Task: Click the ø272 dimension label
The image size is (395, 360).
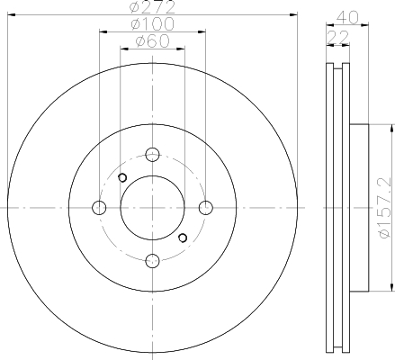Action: click(x=152, y=7)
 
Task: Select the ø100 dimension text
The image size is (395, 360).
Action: click(x=152, y=24)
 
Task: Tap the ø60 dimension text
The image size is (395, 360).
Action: click(x=152, y=41)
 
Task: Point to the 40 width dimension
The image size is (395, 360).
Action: click(x=347, y=17)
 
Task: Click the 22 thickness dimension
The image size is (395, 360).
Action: click(x=338, y=37)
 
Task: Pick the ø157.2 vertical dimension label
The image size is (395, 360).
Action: click(x=385, y=208)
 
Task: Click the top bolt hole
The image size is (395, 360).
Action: click(x=152, y=155)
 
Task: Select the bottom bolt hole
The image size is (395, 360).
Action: click(x=152, y=260)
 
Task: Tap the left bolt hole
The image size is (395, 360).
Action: click(x=99, y=208)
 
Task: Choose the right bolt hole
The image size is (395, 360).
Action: click(x=206, y=208)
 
